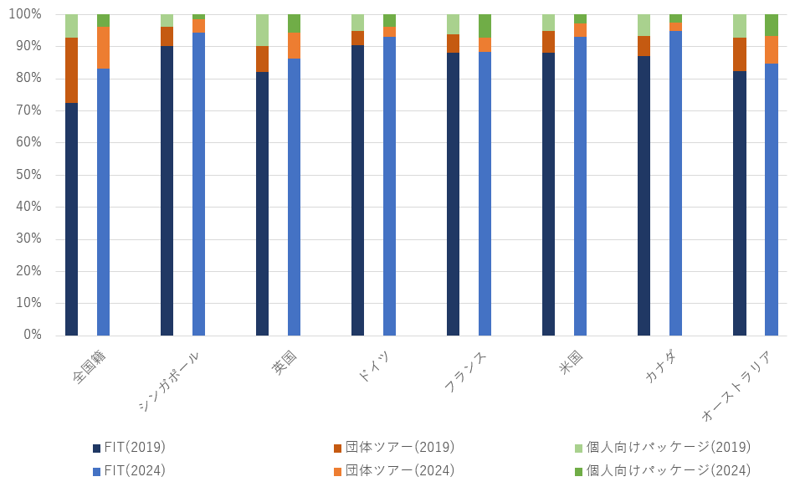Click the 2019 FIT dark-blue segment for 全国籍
click(71, 219)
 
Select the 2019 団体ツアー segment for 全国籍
click(71, 70)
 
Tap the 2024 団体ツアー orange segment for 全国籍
click(103, 47)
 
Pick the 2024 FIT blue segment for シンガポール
click(198, 184)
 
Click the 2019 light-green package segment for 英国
click(262, 30)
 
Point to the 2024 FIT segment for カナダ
click(675, 183)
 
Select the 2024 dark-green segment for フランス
click(485, 26)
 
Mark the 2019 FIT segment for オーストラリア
click(739, 203)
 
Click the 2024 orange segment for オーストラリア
click(771, 49)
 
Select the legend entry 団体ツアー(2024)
click(399, 470)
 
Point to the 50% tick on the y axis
click(27, 175)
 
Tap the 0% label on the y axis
click(32, 335)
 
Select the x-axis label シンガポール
click(170, 381)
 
